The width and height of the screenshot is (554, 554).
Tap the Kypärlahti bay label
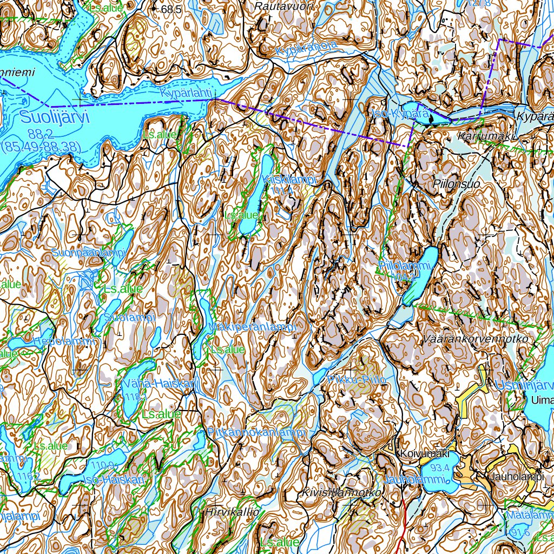click(184, 94)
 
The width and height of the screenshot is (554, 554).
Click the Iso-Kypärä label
click(400, 114)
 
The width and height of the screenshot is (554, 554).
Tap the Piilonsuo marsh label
click(457, 184)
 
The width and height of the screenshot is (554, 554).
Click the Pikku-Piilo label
click(357, 380)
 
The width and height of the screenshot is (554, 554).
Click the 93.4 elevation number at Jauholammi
click(440, 467)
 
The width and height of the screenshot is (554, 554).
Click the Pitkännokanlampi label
click(257, 432)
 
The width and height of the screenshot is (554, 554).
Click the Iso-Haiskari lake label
click(115, 480)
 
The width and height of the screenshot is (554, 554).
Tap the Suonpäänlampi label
click(89, 253)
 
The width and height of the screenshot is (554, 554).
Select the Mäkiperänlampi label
click(253, 328)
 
